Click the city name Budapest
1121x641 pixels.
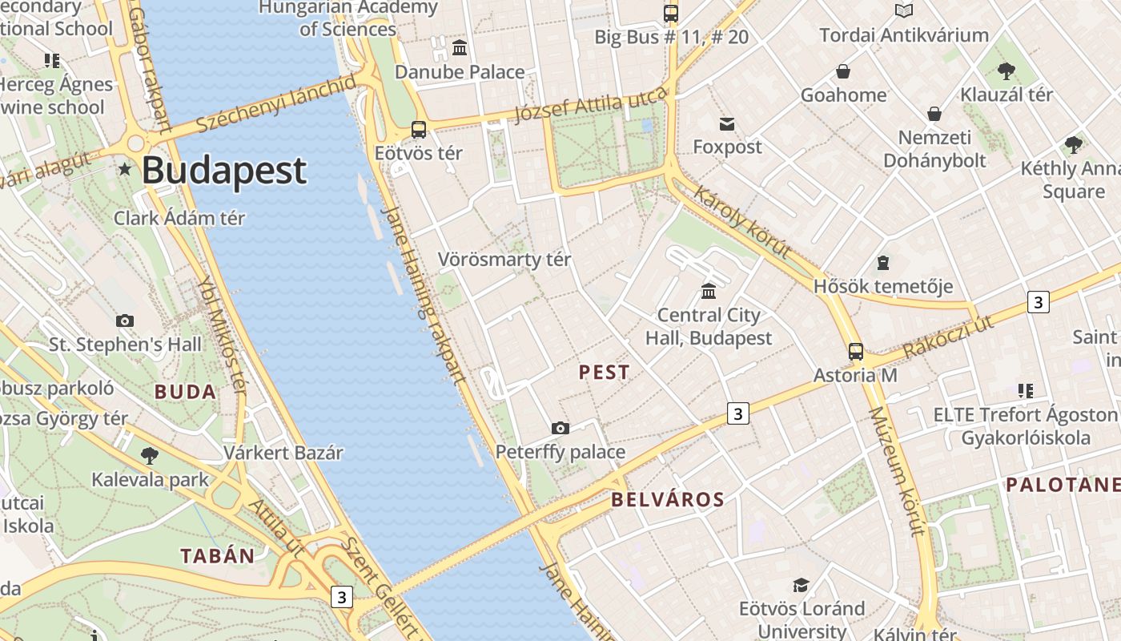pyautogui.click(x=224, y=171)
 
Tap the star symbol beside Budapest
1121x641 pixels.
pyautogui.click(x=125, y=169)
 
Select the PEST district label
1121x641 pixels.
pyautogui.click(x=604, y=372)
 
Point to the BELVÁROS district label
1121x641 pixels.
pyautogui.click(x=667, y=500)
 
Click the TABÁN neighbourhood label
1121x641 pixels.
pyautogui.click(x=217, y=555)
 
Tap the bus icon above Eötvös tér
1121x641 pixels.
pyautogui.click(x=418, y=129)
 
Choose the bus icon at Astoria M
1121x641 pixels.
pyautogui.click(x=856, y=351)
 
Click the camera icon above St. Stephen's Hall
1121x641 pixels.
pyautogui.click(x=125, y=320)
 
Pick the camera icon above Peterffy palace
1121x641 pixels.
pyautogui.click(x=560, y=428)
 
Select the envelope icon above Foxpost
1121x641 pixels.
pyautogui.click(x=727, y=123)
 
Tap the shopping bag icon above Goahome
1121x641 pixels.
pyautogui.click(x=843, y=71)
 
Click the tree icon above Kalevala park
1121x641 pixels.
pyautogui.click(x=149, y=456)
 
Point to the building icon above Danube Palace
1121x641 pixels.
pyautogui.click(x=460, y=48)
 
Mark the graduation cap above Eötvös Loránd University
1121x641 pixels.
pyautogui.click(x=802, y=585)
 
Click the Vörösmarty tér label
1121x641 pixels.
pyautogui.click(x=504, y=260)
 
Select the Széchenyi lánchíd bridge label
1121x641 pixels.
pyautogui.click(x=276, y=104)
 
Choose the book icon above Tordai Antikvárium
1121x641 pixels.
pyautogui.click(x=904, y=11)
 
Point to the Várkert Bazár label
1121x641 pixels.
pyautogui.click(x=283, y=452)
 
